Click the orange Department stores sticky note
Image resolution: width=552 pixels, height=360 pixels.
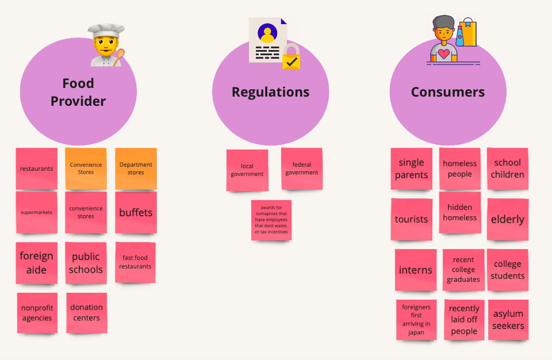(136, 168)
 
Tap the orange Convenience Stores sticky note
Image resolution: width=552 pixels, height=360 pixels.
(86, 168)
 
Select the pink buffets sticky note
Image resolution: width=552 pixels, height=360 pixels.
(136, 212)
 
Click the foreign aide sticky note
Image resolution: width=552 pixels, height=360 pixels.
(36, 263)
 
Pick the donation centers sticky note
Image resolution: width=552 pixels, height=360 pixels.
(86, 312)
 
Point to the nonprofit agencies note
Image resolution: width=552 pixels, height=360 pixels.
(37, 313)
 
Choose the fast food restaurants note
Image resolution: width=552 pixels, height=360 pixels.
(136, 262)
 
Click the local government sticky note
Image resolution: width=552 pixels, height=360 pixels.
(247, 170)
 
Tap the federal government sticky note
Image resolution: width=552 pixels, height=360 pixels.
(301, 168)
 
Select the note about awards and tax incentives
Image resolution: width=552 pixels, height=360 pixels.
(271, 220)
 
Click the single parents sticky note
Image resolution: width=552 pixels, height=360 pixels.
(411, 168)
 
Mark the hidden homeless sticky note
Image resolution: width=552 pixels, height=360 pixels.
(460, 212)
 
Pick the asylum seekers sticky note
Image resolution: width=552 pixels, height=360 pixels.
(508, 319)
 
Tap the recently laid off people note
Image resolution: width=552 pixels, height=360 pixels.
(464, 319)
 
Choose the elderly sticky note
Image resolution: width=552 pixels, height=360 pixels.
(508, 219)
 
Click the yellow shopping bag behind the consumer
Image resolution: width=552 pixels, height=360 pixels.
(468, 33)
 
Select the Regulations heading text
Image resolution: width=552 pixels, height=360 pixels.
(270, 92)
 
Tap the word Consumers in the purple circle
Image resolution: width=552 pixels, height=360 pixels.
(447, 92)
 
